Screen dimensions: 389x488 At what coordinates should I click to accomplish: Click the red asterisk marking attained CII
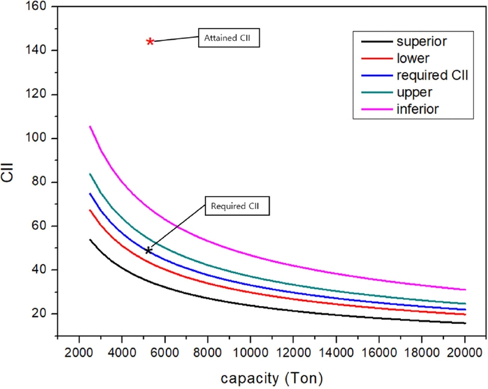click(x=150, y=41)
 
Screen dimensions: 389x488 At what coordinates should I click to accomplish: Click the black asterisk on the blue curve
click(x=148, y=250)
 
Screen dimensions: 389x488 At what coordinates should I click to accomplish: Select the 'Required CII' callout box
click(x=235, y=206)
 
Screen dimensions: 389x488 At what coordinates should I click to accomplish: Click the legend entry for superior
click(x=400, y=42)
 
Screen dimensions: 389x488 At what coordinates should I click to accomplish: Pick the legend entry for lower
click(x=400, y=59)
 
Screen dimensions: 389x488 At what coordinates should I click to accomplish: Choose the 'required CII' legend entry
click(x=400, y=76)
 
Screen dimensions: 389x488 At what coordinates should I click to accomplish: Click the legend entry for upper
click(x=400, y=92)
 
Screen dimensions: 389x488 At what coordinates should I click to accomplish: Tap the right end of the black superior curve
click(x=465, y=323)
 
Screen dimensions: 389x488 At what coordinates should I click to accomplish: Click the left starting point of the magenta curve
click(x=90, y=126)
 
